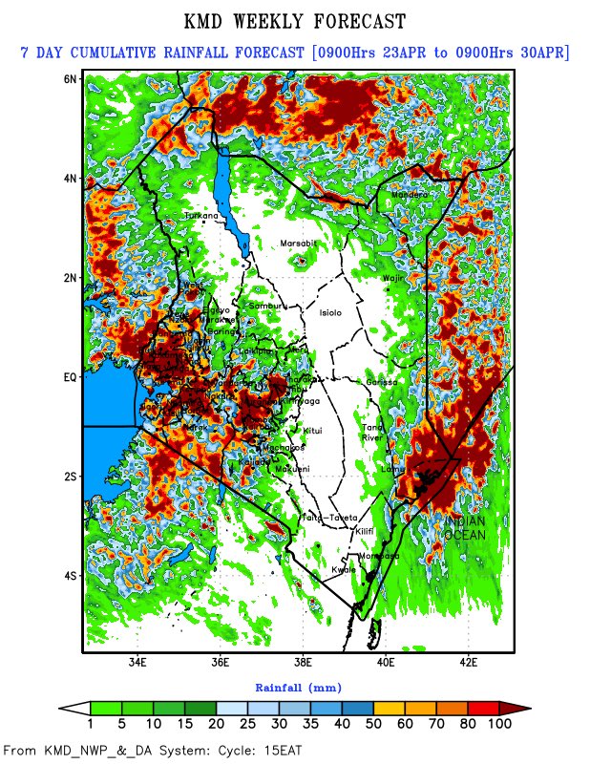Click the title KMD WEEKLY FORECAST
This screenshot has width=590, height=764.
coord(294,21)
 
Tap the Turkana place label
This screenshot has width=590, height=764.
coord(201,216)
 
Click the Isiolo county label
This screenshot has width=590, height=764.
coord(317,312)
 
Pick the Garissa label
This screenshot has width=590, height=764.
coord(381,382)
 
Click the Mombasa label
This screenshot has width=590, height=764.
coord(377,556)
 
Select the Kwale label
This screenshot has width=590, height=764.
coord(343,570)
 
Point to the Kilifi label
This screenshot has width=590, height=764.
coord(367,530)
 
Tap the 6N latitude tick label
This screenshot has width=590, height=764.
coord(70,78)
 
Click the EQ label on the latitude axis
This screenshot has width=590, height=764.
coord(69,377)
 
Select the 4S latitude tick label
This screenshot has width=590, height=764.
coord(70,576)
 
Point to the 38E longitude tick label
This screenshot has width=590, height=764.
coord(303,661)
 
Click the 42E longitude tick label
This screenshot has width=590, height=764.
coord(469,661)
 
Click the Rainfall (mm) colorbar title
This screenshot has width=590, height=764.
coord(298,687)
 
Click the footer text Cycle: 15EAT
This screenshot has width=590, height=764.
coord(256,751)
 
